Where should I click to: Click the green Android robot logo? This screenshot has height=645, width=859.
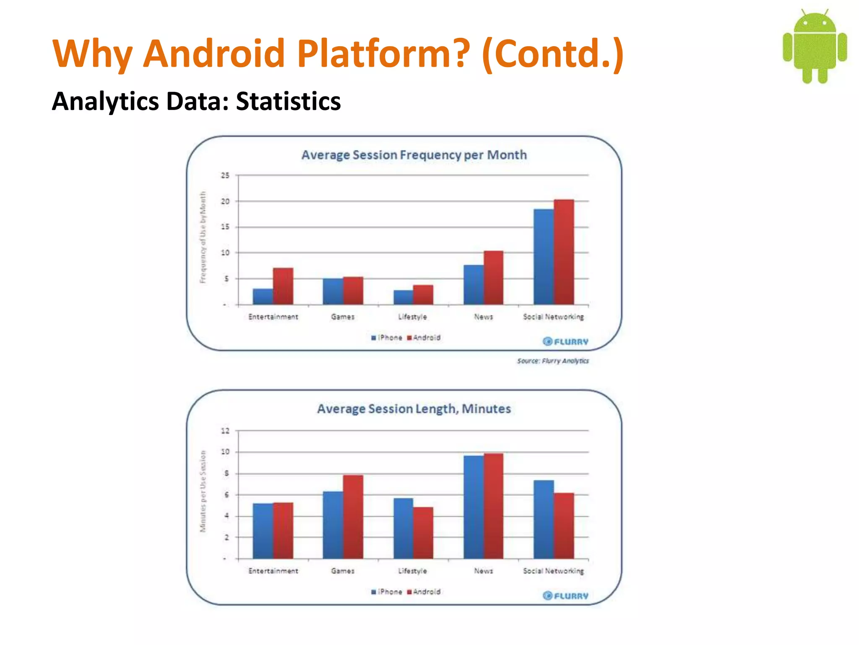pos(815,46)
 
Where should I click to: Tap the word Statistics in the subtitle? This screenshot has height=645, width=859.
pos(289,102)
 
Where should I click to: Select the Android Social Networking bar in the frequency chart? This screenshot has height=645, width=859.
pos(564,252)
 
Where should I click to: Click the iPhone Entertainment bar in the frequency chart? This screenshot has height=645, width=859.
pos(263,296)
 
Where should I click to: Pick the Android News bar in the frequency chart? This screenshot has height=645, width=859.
pos(494,278)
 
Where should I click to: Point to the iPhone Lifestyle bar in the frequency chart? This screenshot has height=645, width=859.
pos(403,297)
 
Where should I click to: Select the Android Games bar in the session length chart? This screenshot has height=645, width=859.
pos(353,517)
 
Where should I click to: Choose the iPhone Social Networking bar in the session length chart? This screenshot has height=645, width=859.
pos(544,519)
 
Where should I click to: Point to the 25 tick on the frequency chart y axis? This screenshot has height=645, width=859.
pos(225,176)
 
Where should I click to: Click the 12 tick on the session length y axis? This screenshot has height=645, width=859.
pos(225,431)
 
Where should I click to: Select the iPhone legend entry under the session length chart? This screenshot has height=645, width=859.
pos(387,592)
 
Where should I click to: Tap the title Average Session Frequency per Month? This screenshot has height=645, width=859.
pos(414,155)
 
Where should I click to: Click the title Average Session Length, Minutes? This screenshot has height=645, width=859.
pos(414,409)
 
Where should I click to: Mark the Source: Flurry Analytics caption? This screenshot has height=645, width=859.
pos(553,361)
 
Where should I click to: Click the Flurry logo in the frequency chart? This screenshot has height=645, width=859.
pos(565,341)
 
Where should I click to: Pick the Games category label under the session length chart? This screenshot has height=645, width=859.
pos(343,571)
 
